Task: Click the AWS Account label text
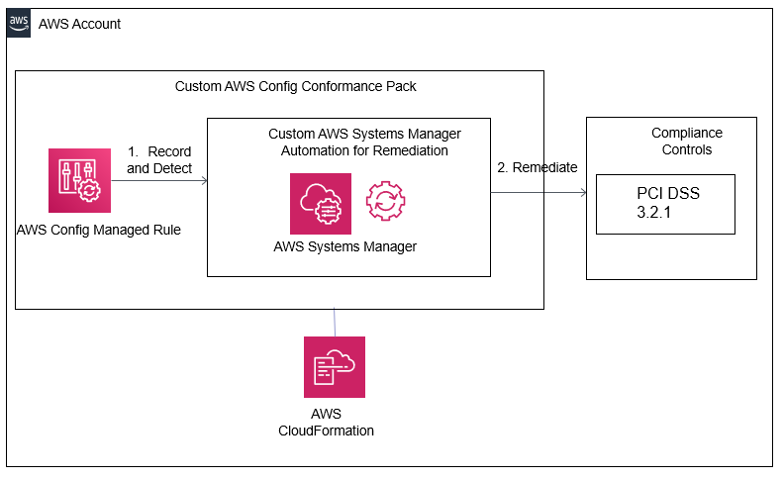[79, 24]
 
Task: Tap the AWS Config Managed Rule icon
[78, 180]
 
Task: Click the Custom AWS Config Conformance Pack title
[295, 86]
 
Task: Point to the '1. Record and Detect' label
[159, 160]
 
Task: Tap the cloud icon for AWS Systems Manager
[320, 203]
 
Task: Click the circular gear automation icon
[385, 201]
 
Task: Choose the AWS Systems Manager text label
[344, 246]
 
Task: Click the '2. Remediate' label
[537, 167]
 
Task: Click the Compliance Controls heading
[686, 142]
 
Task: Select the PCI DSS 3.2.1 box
[665, 204]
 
